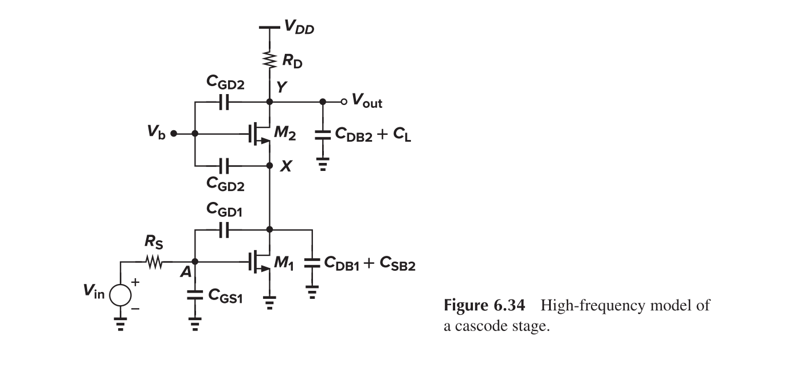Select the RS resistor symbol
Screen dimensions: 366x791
(x=154, y=263)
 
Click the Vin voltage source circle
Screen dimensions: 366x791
(x=120, y=295)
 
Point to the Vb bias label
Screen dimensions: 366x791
(x=155, y=134)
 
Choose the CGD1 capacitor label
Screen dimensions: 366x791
(x=224, y=212)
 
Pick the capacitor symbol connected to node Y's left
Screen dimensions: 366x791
(x=224, y=103)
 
